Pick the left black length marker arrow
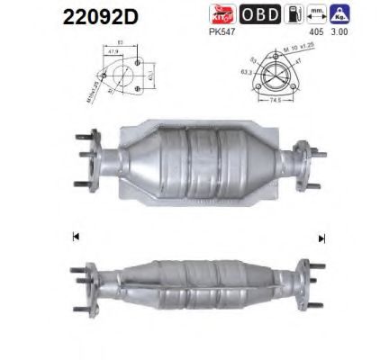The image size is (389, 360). point(75,238)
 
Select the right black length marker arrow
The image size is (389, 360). point(321,238)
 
